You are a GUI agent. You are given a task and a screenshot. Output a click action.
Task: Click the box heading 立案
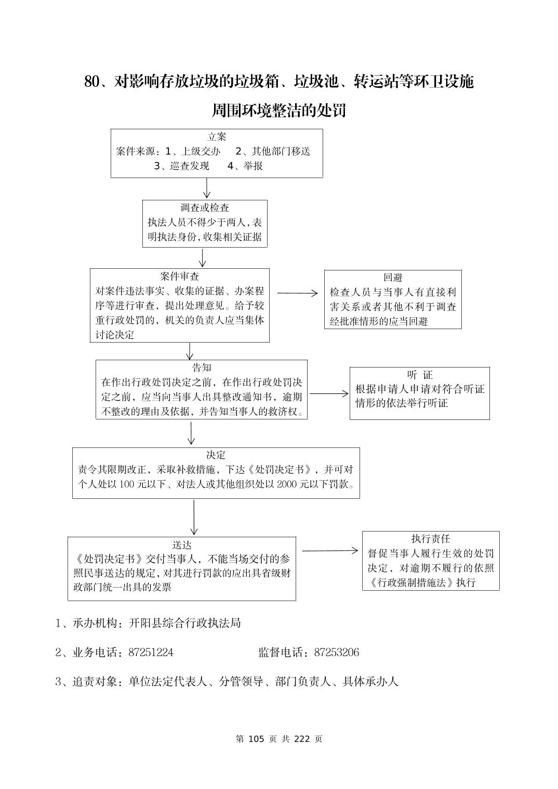217,137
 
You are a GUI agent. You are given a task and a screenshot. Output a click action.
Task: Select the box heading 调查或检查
205,208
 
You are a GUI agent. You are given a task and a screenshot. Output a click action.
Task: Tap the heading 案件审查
180,277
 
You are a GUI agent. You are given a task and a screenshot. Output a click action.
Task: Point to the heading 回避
393,278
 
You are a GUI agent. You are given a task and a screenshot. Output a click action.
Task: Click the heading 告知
202,368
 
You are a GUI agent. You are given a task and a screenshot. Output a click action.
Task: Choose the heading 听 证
420,375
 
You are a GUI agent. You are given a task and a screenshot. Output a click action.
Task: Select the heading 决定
216,455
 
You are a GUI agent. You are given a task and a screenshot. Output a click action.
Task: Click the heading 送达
182,545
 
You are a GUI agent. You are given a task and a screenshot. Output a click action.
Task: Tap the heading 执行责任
431,539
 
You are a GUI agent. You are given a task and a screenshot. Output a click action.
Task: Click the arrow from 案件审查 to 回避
297,293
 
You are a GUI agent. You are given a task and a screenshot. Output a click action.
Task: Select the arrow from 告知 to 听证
329,394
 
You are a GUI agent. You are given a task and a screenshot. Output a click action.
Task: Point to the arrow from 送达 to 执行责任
330,551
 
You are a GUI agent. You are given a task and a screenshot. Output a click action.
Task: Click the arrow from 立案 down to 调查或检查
207,188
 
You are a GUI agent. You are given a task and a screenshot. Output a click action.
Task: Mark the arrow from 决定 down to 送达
194,518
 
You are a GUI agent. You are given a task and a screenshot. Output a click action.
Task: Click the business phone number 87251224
151,652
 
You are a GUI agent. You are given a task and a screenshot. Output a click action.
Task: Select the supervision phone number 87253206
336,652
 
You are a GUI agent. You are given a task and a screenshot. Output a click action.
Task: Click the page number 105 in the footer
257,739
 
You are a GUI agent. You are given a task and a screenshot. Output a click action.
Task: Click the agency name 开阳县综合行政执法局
184,623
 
